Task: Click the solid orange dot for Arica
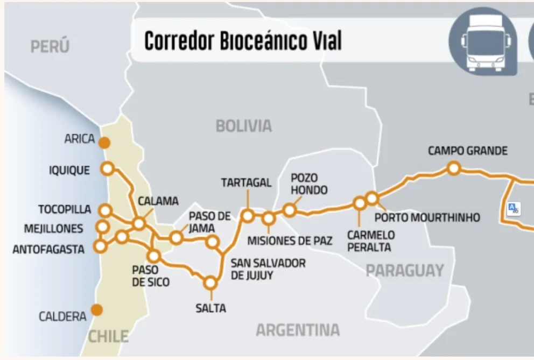(104, 143)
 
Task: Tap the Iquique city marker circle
(107, 168)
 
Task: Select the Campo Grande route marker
(454, 168)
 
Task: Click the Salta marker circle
(210, 283)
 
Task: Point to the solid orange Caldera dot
(97, 310)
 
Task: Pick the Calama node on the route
(139, 223)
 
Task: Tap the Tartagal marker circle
(247, 216)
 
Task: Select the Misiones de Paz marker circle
(269, 218)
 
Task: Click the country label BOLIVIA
(244, 126)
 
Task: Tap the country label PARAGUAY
(405, 270)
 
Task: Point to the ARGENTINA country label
(298, 330)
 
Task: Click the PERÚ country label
(50, 47)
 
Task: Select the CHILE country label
(108, 337)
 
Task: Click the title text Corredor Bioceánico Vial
(243, 41)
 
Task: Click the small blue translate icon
(514, 208)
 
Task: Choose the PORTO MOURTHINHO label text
(427, 218)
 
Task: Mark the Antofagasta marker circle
(100, 246)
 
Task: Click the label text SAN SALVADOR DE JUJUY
(268, 269)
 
